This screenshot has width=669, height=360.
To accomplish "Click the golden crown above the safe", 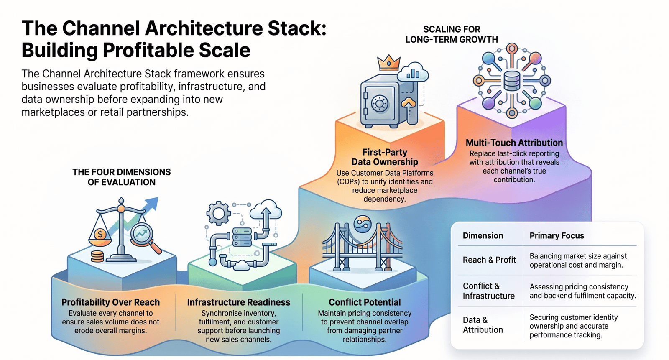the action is [388, 63].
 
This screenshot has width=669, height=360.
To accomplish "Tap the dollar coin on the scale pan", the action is [100, 234].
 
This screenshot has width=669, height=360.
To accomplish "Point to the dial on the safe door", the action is [380, 103].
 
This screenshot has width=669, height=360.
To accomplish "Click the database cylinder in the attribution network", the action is [512, 81].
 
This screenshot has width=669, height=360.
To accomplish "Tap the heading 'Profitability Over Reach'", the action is [110, 302].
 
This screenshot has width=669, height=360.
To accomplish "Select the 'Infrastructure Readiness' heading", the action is [239, 302].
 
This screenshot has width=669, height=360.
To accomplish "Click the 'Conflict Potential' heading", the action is [365, 302].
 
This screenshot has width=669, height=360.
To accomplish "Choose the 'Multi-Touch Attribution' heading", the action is [514, 143].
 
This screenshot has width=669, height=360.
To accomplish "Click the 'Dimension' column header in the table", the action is [483, 235].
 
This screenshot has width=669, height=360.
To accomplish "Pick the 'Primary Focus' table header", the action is [557, 235].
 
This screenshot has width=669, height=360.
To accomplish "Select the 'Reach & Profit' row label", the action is [489, 260].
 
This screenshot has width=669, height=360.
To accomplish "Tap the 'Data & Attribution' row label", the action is [483, 325].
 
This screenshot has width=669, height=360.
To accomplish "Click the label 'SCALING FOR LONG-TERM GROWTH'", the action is [452, 34].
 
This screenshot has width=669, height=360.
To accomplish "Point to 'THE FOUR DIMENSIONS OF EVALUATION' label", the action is [122, 177].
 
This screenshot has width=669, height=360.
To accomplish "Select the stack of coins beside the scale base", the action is [97, 256].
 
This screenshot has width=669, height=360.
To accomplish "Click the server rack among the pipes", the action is [242, 237].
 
